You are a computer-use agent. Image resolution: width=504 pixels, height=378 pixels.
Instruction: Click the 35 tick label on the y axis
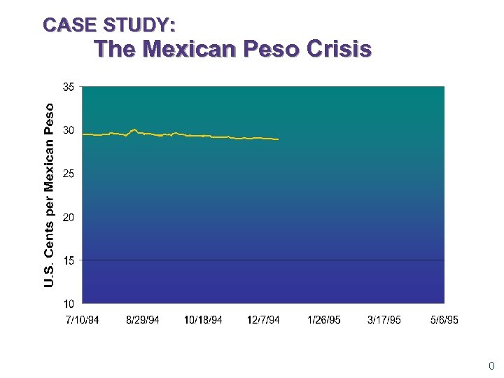[x=69, y=87]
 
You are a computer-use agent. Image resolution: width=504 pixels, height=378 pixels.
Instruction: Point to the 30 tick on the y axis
[x=69, y=130]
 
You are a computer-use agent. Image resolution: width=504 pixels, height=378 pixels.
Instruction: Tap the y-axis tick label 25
[x=69, y=174]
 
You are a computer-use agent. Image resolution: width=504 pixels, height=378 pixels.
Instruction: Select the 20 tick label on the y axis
[x=69, y=217]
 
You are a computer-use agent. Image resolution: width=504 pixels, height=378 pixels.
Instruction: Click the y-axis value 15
[x=69, y=260]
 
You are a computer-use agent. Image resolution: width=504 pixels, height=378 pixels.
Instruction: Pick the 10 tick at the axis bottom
[x=69, y=304]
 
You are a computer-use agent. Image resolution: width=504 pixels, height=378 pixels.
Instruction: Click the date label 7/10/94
[x=82, y=320]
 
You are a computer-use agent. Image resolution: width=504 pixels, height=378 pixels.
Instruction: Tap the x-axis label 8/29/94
[x=143, y=320]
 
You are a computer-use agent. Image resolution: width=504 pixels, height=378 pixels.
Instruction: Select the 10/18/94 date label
[x=203, y=320]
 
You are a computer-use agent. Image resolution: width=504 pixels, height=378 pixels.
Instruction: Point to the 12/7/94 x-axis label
[x=263, y=320]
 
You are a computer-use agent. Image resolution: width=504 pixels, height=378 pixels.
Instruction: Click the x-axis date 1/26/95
[x=324, y=320]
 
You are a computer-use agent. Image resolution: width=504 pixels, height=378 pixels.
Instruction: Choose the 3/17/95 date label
[x=384, y=320]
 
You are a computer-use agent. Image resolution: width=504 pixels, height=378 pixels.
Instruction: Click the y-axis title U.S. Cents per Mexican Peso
[x=48, y=195]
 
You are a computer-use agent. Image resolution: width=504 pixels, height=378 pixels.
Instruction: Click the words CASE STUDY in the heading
[x=109, y=25]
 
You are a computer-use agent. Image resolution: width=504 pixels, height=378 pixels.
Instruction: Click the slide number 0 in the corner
[x=491, y=365]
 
